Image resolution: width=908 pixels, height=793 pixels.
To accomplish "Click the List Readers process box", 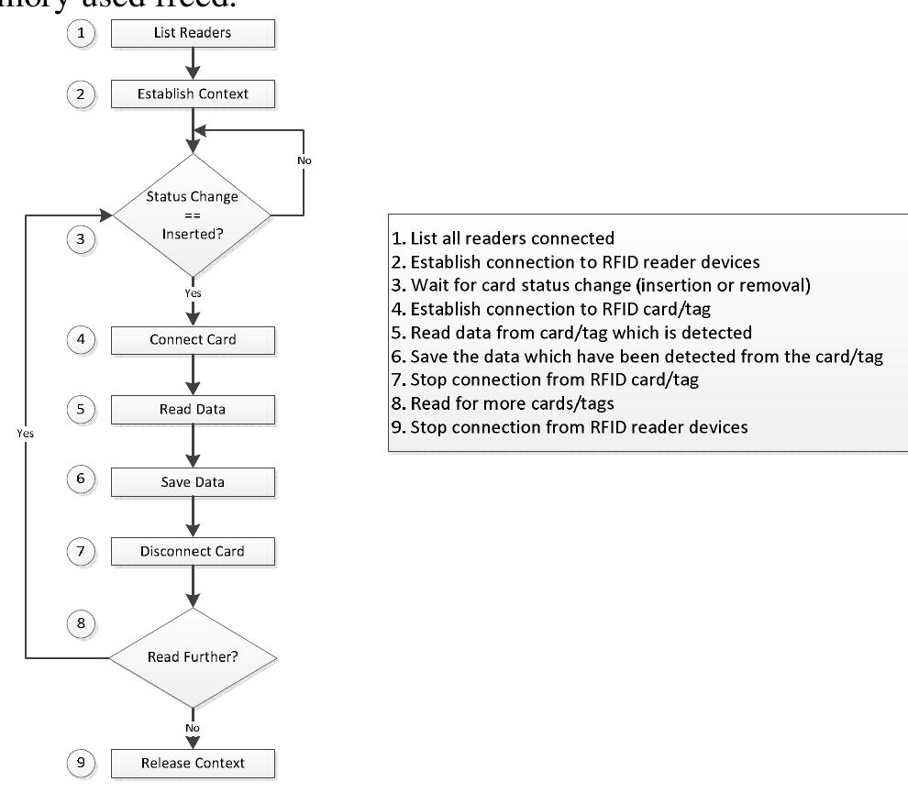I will pyautogui.click(x=193, y=35).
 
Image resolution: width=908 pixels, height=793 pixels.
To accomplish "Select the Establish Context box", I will pyautogui.click(x=193, y=92).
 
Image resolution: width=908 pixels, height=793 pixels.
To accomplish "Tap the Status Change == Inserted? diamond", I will pyautogui.click(x=193, y=215).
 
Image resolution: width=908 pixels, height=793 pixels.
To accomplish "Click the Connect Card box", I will pyautogui.click(x=193, y=339).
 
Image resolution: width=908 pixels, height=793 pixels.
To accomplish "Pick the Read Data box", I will pyautogui.click(x=193, y=410).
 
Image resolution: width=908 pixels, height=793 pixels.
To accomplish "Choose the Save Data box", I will pyautogui.click(x=193, y=481).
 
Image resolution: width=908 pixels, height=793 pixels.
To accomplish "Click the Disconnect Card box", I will pyautogui.click(x=193, y=552).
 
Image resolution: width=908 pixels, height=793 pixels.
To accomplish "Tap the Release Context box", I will pyautogui.click(x=193, y=762).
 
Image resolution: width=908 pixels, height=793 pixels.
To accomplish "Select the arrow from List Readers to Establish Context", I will pyautogui.click(x=193, y=63).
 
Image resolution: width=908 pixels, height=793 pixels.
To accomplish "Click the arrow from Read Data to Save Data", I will pyautogui.click(x=193, y=446).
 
